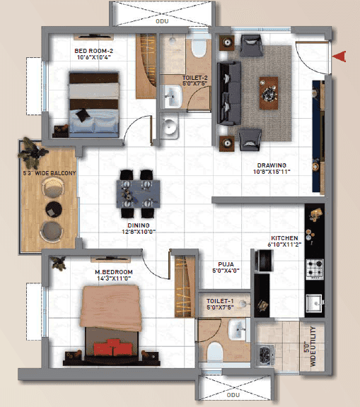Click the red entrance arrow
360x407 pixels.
point(340,57)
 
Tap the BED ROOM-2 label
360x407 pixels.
point(94,51)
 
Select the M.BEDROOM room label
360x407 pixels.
point(114,272)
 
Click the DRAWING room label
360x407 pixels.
point(272,165)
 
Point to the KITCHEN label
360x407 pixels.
point(284,238)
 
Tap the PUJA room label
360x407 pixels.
point(226,264)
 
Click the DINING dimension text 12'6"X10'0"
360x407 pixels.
point(139,232)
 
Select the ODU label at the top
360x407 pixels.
point(162,21)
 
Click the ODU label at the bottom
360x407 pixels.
point(233,395)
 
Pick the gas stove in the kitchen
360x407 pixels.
point(315,269)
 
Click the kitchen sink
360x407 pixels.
point(315,303)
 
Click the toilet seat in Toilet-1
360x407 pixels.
point(215,352)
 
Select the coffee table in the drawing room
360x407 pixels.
point(269,93)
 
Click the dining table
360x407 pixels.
point(138,194)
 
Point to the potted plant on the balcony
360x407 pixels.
point(33,153)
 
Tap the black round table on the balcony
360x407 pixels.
point(54,209)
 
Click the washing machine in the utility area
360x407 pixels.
point(265,355)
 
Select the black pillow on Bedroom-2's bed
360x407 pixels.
point(83,115)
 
